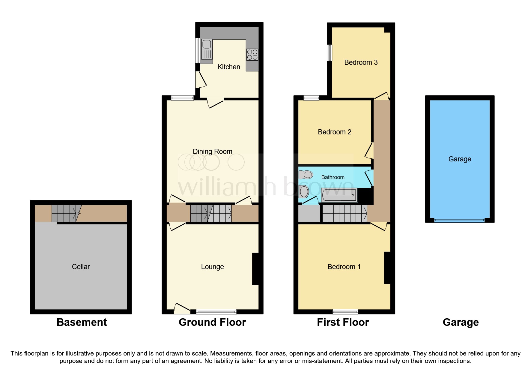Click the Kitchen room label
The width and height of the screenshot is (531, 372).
click(x=229, y=67)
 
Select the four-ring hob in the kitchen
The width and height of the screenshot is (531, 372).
click(x=252, y=55)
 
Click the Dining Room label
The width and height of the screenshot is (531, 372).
click(x=212, y=151)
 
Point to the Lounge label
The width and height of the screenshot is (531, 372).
click(x=212, y=267)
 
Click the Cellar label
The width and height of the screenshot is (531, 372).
click(x=81, y=267)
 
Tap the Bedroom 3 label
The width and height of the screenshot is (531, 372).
click(x=361, y=62)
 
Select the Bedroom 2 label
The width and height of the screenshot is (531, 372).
click(x=334, y=132)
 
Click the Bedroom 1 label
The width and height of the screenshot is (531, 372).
click(x=344, y=267)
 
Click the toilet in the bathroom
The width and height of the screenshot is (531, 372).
click(x=306, y=174)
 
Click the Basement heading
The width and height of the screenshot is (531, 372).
click(x=82, y=322)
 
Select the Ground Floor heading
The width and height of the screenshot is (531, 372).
click(x=212, y=322)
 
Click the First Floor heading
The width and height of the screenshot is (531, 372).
click(x=343, y=322)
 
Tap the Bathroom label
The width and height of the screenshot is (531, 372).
click(x=333, y=177)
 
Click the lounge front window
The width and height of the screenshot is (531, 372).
click(x=216, y=311)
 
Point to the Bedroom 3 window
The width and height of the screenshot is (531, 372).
click(x=330, y=52)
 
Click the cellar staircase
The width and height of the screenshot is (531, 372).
click(x=66, y=213)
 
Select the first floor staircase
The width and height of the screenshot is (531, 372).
click(x=345, y=213)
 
